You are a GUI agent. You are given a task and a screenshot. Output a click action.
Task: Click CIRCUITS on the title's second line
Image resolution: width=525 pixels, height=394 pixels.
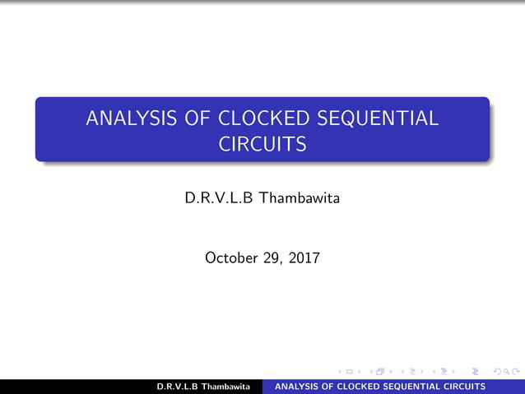(x=262, y=145)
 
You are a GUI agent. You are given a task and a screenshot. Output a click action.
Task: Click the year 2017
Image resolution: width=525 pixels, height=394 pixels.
(x=304, y=258)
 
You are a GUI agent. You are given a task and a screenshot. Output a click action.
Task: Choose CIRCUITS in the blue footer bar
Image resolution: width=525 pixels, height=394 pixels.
(x=467, y=387)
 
